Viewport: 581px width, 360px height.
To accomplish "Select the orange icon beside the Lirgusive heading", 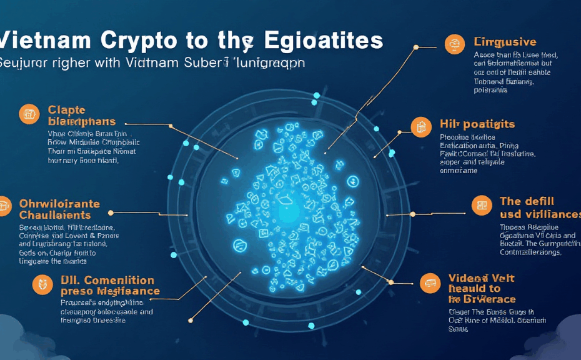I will (455, 44).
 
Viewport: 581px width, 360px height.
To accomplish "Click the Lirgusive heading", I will (505, 42).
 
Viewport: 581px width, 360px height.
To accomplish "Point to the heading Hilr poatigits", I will (477, 124).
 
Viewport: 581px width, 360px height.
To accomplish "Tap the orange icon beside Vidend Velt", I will (430, 283).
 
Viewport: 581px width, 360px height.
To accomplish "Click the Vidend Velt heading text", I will (481, 278).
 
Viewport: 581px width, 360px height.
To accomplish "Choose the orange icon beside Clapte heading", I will (29, 113).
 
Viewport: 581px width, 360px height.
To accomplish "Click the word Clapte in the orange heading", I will (67, 109).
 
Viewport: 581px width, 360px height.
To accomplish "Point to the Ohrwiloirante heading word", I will (59, 204).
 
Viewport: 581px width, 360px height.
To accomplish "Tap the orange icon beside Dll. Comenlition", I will (42, 285).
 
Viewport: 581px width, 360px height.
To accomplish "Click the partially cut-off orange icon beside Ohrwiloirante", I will (4, 205).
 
